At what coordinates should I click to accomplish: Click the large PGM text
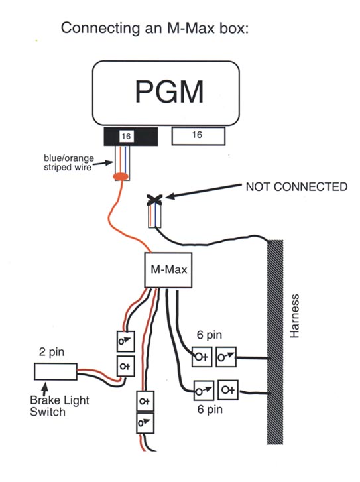[x=170, y=91]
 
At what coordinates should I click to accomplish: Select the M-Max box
[x=168, y=271]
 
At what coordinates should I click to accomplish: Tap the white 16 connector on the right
[x=198, y=135]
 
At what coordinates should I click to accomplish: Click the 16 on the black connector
[x=126, y=136]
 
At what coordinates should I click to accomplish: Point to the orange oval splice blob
[x=121, y=177]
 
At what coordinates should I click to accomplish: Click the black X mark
[x=154, y=200]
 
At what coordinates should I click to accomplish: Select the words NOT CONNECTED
[x=296, y=186]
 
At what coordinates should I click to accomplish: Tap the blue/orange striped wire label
[x=69, y=163]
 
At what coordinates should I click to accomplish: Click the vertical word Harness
[x=294, y=316]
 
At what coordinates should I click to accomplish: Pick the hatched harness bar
[x=275, y=342]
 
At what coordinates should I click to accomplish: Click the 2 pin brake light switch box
[x=55, y=371]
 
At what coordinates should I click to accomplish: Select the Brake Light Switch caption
[x=60, y=406]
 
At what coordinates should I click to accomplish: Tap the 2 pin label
[x=52, y=351]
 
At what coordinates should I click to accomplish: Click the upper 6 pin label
[x=210, y=335]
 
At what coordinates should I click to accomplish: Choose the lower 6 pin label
[x=210, y=409]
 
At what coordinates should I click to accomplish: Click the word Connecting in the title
[x=100, y=29]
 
